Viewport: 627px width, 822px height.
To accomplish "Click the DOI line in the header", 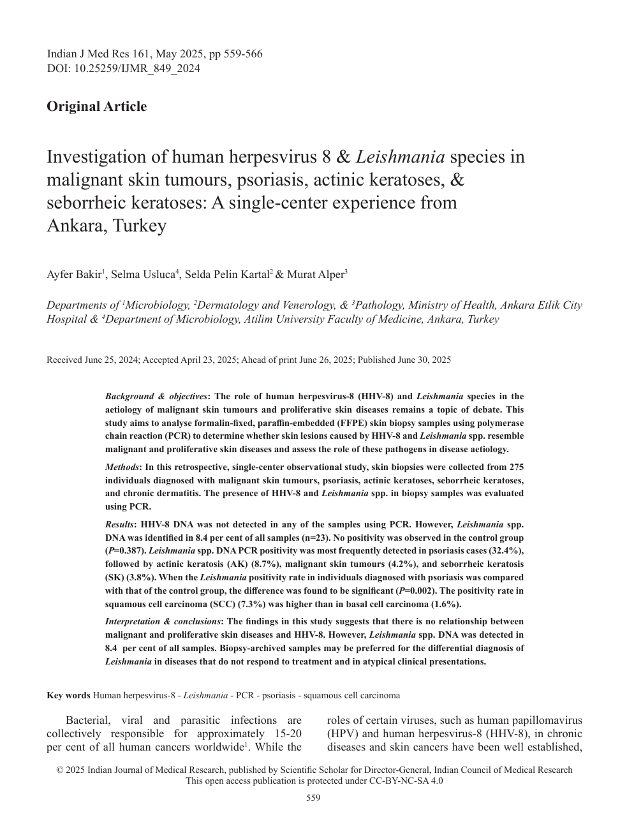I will tap(123, 68).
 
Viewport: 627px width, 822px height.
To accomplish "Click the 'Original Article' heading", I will tap(96, 106).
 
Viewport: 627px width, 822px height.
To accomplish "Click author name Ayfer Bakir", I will tap(73, 275).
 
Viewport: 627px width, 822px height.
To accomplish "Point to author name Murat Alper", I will tap(315, 275).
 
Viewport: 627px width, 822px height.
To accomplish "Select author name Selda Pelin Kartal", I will tap(226, 275).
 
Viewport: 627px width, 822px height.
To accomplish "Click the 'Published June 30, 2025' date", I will tap(404, 360).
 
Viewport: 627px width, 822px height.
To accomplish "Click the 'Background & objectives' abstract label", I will tap(156, 396).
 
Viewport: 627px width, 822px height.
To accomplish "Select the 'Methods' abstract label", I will tap(122, 467).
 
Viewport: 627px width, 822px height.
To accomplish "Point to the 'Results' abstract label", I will tap(119, 524).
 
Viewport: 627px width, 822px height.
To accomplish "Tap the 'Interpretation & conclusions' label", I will tap(163, 621).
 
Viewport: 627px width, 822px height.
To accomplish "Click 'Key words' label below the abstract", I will tap(68, 695).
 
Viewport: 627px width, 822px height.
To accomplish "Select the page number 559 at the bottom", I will tap(313, 798).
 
